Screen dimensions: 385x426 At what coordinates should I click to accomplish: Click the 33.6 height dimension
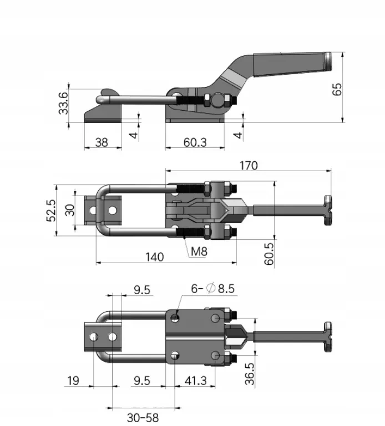point(63,103)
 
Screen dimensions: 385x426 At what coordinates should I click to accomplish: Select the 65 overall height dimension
point(337,89)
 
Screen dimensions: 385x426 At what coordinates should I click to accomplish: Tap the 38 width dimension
point(102,142)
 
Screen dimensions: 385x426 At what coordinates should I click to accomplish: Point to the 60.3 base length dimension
point(195,142)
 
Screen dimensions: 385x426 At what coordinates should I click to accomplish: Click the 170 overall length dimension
point(249,165)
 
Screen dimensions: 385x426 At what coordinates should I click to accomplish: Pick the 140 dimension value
point(155,256)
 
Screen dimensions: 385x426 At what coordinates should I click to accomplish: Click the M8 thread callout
point(199,252)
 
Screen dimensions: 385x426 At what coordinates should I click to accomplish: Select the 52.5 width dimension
point(51,211)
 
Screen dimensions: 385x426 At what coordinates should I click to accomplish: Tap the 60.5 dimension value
point(269,254)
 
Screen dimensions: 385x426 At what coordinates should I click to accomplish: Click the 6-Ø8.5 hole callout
point(212,288)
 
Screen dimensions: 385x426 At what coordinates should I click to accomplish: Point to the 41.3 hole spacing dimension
point(196,381)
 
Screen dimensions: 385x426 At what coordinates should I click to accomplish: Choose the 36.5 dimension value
point(250,373)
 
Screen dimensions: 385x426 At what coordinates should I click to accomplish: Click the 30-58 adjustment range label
point(143,418)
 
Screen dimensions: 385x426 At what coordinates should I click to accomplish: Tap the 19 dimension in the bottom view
point(73,381)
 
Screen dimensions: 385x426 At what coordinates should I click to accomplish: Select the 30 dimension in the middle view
point(70,210)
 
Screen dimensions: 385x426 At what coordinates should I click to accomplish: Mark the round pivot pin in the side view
point(218,100)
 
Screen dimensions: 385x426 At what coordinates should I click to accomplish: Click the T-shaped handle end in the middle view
point(328,210)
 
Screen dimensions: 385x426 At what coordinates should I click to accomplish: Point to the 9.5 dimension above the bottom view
point(142,290)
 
